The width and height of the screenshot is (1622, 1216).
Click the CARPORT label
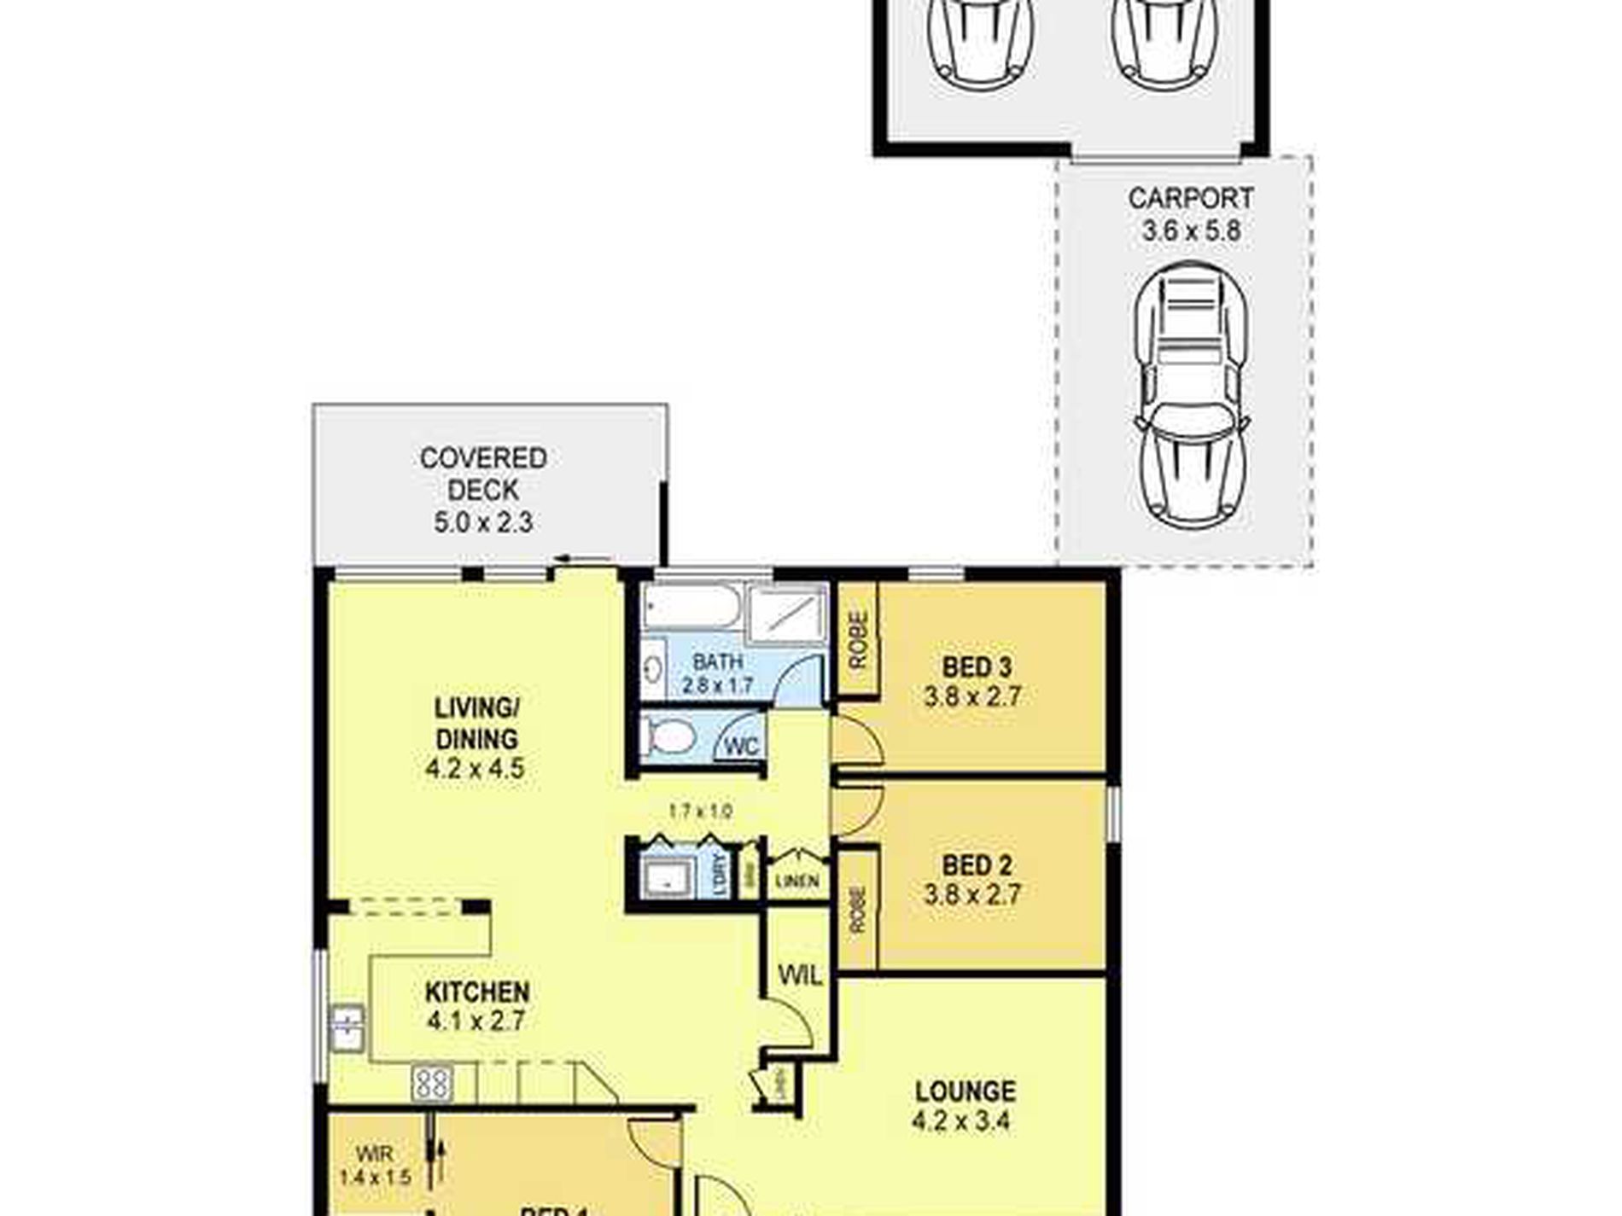tap(1190, 199)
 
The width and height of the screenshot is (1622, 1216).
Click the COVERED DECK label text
tap(483, 474)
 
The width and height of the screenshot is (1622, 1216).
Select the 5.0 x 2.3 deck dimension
tap(483, 522)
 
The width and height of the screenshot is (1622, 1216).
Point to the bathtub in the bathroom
tap(691, 608)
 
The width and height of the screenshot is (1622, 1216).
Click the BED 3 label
tap(977, 666)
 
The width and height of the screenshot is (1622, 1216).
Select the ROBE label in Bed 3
tap(858, 640)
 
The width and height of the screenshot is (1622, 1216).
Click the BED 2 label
tap(977, 865)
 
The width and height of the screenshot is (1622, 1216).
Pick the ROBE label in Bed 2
tap(858, 910)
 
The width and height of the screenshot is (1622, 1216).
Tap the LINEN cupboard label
tap(797, 881)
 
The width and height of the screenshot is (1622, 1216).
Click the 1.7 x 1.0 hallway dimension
tap(700, 812)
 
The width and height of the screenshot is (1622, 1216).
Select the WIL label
tap(800, 975)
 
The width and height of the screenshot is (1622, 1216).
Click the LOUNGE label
tap(965, 1091)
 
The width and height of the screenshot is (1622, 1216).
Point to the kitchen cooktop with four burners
tap(432, 1084)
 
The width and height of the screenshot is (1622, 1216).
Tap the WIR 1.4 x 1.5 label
tap(375, 1166)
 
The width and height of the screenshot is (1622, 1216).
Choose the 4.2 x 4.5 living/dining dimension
tap(475, 769)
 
